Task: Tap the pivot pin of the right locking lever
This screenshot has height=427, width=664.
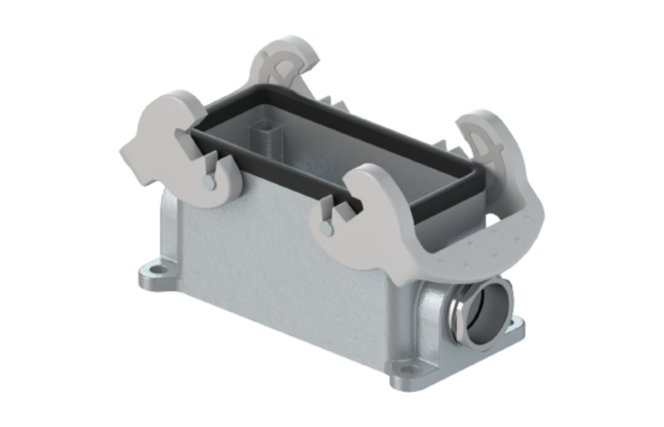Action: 327,228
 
